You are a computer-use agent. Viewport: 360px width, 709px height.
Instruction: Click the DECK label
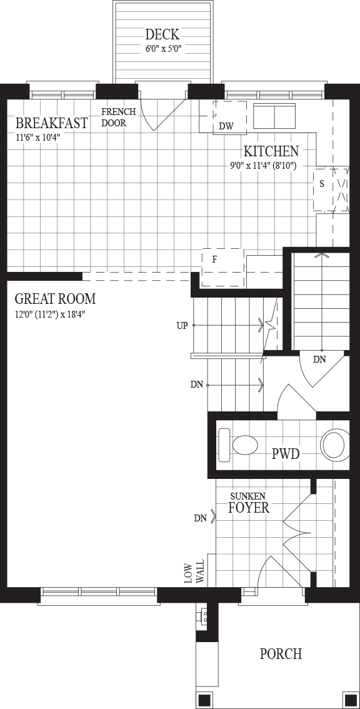(x=162, y=34)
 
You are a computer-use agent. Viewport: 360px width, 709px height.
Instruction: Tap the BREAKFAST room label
(x=51, y=123)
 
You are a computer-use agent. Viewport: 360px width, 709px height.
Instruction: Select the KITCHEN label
(x=271, y=151)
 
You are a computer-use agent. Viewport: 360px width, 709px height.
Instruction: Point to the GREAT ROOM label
(x=55, y=299)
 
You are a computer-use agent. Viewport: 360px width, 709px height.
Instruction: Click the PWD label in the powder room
(x=286, y=453)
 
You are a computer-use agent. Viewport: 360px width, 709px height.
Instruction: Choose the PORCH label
(x=281, y=654)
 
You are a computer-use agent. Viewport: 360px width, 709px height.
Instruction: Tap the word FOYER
(x=249, y=508)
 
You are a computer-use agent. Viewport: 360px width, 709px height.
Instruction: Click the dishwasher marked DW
(x=230, y=117)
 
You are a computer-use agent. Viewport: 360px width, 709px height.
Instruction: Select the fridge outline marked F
(x=222, y=267)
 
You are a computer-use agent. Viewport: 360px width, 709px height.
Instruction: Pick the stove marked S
(x=323, y=190)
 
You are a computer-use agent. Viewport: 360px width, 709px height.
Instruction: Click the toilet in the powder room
(x=238, y=445)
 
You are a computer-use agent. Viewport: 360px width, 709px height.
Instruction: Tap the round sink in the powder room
(x=335, y=444)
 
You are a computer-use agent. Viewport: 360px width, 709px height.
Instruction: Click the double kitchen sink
(x=276, y=116)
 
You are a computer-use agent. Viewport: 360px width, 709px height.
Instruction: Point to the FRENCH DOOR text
(x=114, y=118)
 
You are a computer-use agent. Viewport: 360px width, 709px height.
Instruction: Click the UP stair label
(x=182, y=326)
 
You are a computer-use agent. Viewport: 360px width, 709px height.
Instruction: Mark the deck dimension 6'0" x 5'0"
(x=163, y=49)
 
